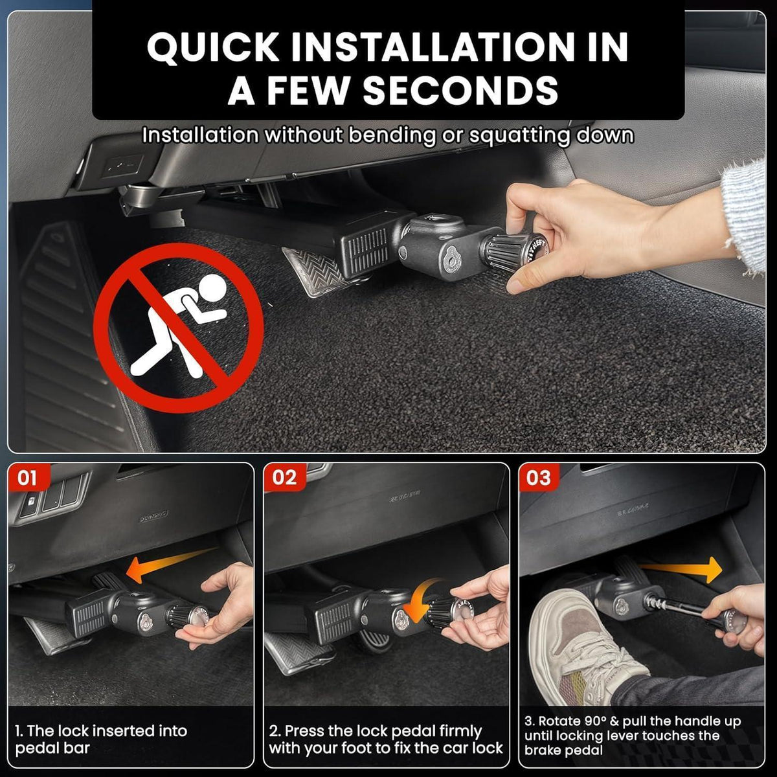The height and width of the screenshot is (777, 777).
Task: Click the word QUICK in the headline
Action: point(213,47)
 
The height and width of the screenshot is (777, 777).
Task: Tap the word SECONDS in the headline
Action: point(461,91)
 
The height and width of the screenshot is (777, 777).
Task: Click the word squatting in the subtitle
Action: point(519,136)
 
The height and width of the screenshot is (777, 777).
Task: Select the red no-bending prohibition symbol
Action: point(179,328)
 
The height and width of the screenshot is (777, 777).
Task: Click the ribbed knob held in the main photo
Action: point(512,252)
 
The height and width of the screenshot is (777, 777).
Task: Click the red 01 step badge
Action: point(27,477)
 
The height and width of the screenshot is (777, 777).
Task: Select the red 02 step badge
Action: point(284,477)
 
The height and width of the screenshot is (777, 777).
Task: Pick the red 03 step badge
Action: point(538,477)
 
